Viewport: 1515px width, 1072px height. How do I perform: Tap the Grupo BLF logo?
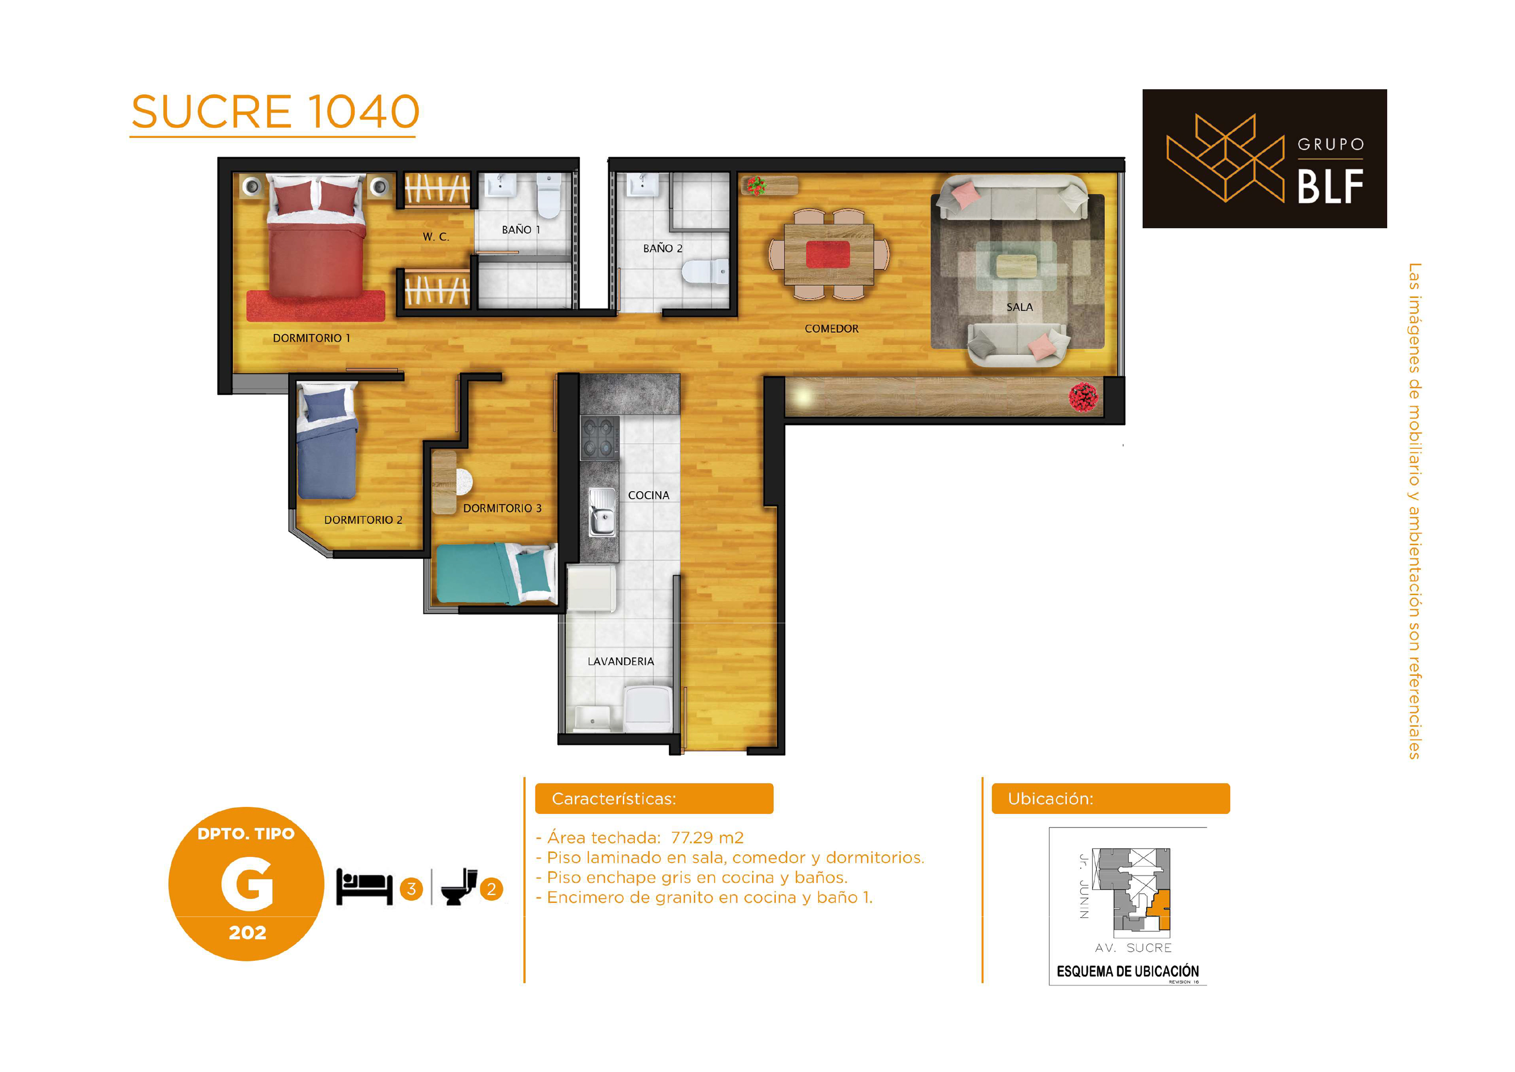pyautogui.click(x=1264, y=158)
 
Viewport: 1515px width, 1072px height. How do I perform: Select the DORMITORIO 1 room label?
pyautogui.click(x=312, y=338)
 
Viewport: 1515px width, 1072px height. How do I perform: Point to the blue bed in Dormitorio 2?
pyautogui.click(x=327, y=440)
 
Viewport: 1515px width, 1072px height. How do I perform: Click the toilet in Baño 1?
pyautogui.click(x=548, y=195)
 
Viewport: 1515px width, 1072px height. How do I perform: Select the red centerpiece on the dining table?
pyautogui.click(x=827, y=254)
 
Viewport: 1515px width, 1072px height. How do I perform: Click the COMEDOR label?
pyautogui.click(x=831, y=329)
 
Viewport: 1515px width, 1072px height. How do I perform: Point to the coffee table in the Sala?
pyautogui.click(x=1016, y=266)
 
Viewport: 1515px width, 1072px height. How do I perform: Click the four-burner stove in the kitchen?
pyautogui.click(x=600, y=438)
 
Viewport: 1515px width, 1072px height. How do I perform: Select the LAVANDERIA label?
pyautogui.click(x=621, y=662)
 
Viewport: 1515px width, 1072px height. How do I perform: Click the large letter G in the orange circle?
pyautogui.click(x=247, y=884)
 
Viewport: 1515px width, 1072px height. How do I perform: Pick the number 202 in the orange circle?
pyautogui.click(x=248, y=933)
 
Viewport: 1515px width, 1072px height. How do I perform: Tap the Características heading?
pyautogui.click(x=614, y=799)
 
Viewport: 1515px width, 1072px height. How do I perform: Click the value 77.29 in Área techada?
pyautogui.click(x=692, y=838)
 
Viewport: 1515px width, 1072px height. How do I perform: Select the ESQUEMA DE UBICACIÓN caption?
pyautogui.click(x=1128, y=971)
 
